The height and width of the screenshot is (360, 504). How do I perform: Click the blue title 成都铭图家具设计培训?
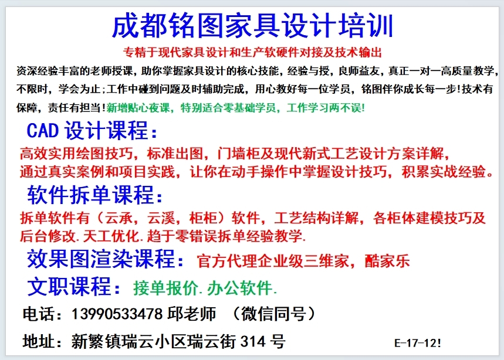point(252,26)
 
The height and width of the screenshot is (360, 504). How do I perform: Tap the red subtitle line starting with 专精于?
point(252,52)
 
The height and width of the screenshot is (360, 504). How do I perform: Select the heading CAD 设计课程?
point(92,131)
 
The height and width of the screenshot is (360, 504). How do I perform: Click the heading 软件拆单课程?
point(95,195)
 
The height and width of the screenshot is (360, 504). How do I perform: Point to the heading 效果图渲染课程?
point(106,259)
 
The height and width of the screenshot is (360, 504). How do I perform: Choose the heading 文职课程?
point(73,287)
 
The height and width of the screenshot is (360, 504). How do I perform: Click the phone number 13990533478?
point(117,314)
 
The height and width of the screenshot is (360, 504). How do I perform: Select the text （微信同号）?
point(274,314)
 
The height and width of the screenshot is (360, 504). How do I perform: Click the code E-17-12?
point(418,343)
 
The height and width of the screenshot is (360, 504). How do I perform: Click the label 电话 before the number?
point(39,314)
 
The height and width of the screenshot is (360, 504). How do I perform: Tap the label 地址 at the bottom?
point(39,342)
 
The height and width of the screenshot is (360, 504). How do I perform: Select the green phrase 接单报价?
point(165,288)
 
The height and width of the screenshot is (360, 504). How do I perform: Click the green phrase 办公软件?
point(239,288)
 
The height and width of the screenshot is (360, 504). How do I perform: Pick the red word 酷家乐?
point(387,261)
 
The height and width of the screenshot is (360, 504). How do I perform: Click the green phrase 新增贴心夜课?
point(138,108)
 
